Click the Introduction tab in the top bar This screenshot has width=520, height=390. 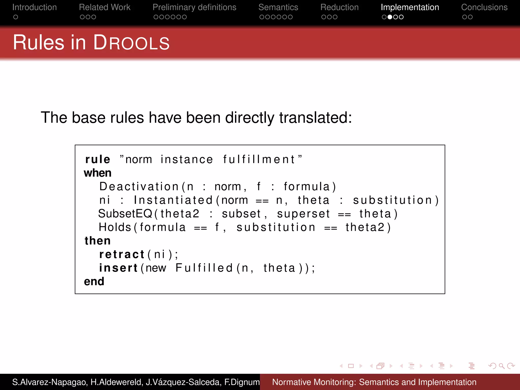(35, 7)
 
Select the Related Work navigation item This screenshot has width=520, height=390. (105, 7)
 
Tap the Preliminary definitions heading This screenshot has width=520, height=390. (194, 7)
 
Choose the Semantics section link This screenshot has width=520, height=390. (278, 7)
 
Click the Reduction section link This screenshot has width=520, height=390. (339, 7)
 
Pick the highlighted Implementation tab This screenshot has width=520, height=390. (410, 7)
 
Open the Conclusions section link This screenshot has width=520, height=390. (484, 7)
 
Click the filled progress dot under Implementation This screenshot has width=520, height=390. (390, 17)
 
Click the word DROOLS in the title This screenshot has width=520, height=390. (131, 43)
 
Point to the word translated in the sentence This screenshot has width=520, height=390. (315, 118)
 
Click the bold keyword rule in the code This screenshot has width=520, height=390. (97, 159)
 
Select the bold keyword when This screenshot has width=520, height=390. (97, 173)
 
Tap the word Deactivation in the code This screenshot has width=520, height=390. (139, 187)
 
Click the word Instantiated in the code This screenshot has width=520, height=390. (173, 200)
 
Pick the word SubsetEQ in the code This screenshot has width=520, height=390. (125, 214)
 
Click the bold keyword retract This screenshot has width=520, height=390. (122, 254)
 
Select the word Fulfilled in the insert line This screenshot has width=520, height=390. (204, 268)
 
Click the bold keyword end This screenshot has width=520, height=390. (94, 282)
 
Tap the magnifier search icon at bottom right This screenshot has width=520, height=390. (501, 366)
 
